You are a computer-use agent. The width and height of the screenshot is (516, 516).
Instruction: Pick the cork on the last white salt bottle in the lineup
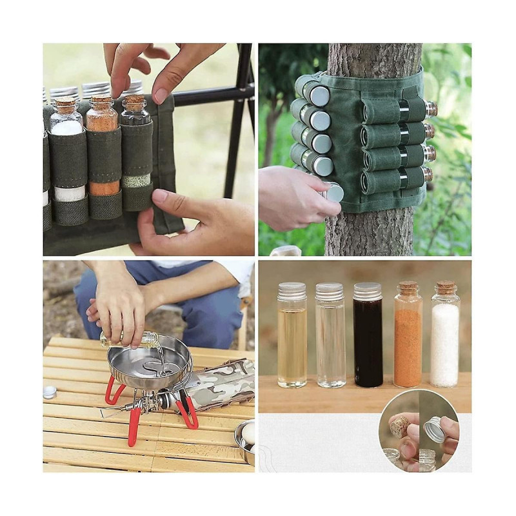(x=445, y=288)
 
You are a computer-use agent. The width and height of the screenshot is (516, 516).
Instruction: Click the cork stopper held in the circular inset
(x=400, y=426)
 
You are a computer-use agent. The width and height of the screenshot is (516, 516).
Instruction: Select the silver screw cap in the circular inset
(x=434, y=429)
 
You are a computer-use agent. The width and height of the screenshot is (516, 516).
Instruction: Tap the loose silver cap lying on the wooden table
(x=50, y=392)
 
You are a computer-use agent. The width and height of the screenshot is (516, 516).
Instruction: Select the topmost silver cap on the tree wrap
(x=319, y=95)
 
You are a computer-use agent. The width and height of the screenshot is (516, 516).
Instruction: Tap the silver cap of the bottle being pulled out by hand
(x=334, y=192)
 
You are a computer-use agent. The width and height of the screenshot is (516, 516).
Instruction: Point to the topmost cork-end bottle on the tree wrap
(x=430, y=109)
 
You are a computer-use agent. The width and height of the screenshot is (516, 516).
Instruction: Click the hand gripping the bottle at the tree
(x=293, y=197)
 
